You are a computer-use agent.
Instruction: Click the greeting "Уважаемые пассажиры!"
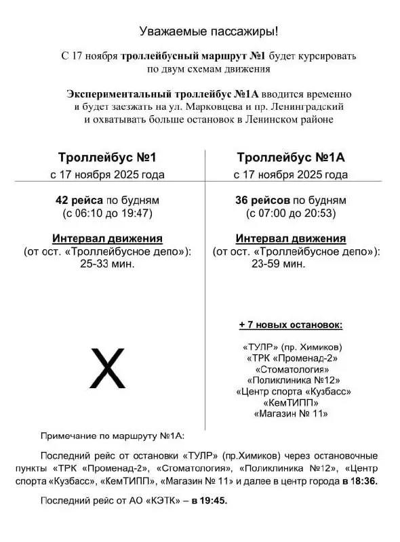[208, 31]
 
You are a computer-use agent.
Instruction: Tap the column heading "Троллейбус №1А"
[291, 158]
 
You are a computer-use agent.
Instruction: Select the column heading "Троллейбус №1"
[107, 158]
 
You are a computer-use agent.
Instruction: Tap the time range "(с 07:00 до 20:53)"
[291, 213]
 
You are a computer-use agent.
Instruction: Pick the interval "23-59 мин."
[291, 264]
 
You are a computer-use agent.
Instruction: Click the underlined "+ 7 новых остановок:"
[291, 325]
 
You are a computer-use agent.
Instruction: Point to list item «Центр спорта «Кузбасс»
[293, 391]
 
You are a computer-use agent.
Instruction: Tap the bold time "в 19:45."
[209, 501]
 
